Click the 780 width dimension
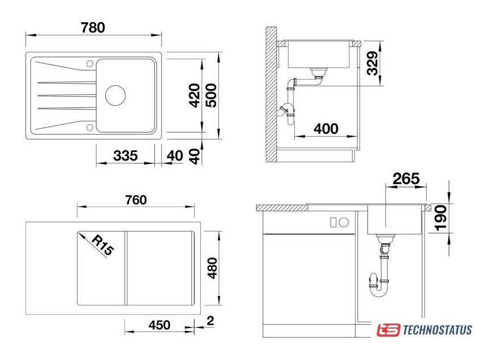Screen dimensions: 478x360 (x=93, y=27)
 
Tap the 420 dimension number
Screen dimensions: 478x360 (x=195, y=96)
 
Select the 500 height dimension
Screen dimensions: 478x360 (x=211, y=96)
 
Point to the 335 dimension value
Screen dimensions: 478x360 (x=126, y=156)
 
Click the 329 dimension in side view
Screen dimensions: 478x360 (x=373, y=63)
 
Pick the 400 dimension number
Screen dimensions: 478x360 (x=326, y=129)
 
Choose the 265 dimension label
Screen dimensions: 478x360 (x=406, y=179)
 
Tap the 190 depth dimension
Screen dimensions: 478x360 (x=441, y=218)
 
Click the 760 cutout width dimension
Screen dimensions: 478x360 (x=136, y=200)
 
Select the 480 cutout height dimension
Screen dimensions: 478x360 (x=212, y=268)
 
